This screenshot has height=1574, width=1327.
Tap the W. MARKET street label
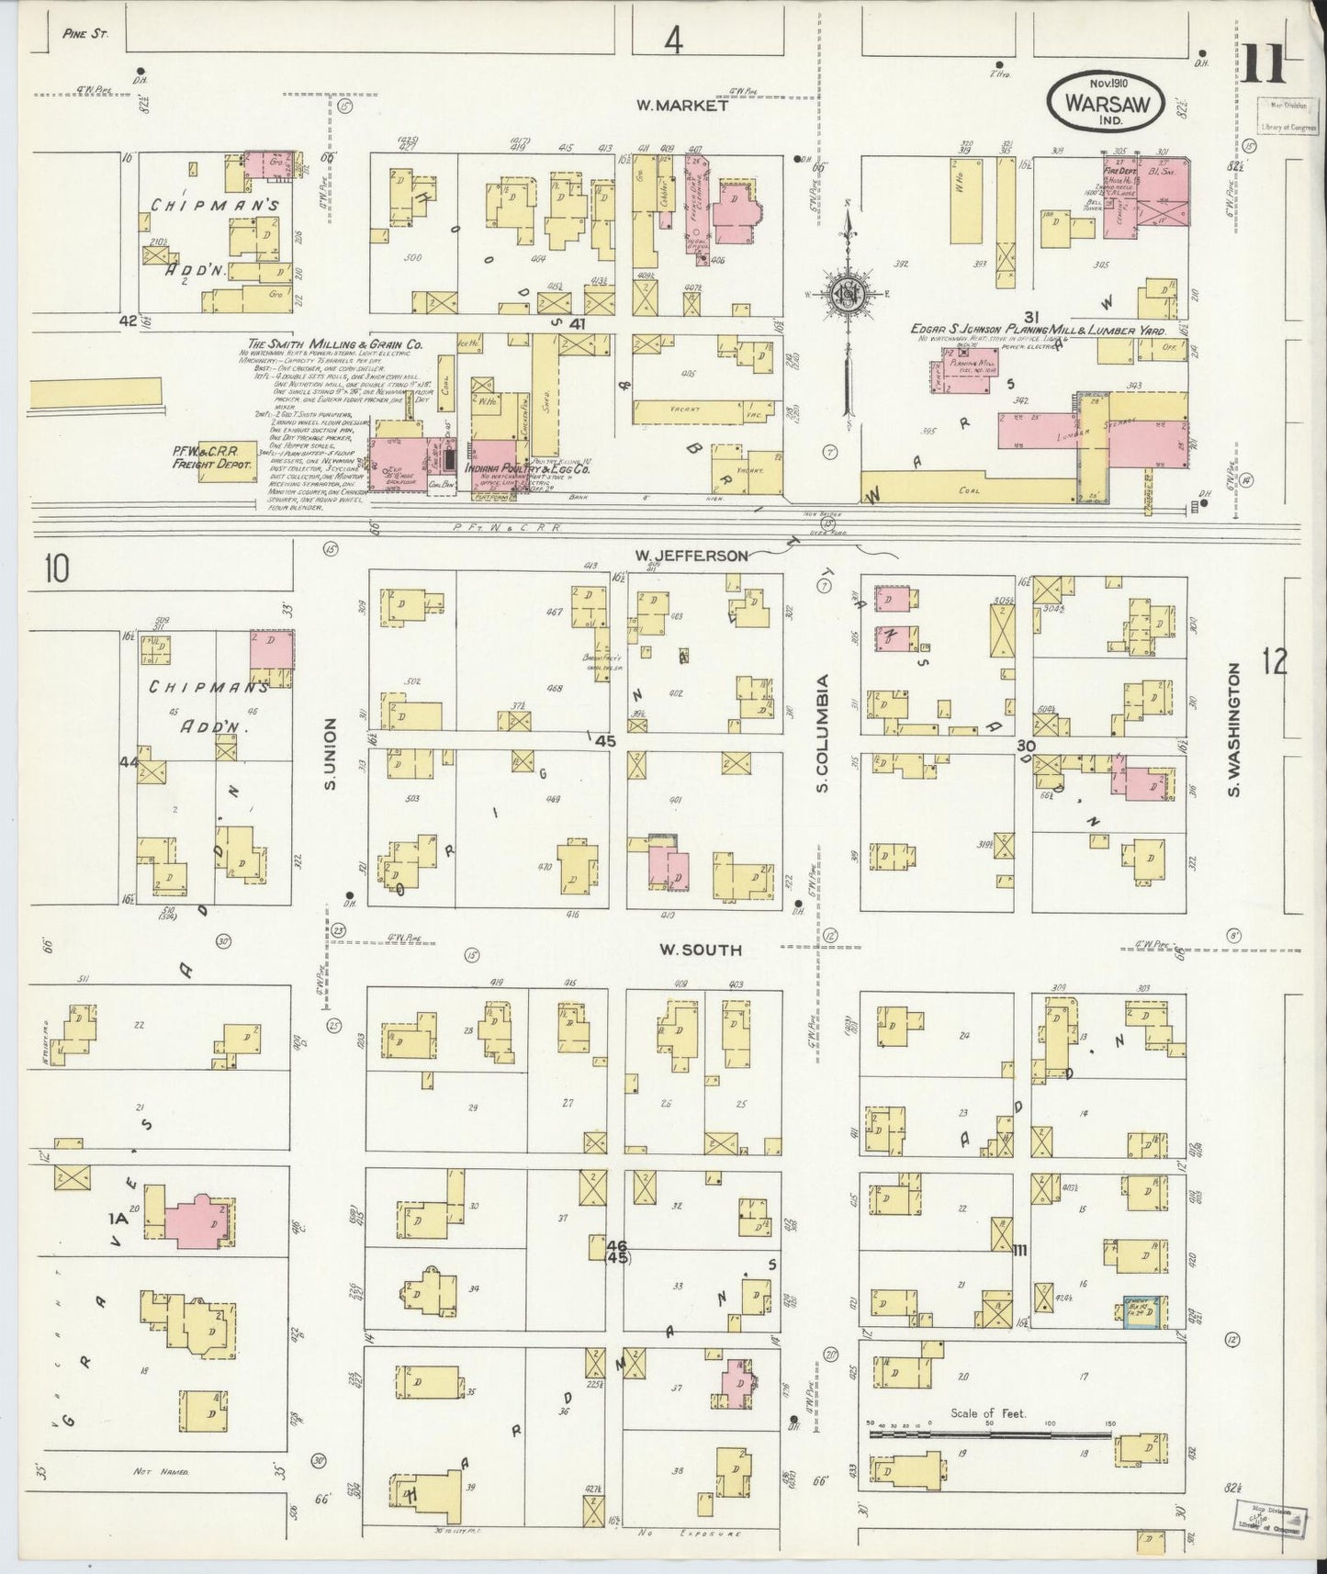[681, 106]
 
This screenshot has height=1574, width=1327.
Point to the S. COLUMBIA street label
[824, 734]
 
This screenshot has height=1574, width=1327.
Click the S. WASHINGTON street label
[1236, 730]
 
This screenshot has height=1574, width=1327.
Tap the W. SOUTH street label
[700, 950]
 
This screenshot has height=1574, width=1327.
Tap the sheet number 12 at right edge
[1275, 661]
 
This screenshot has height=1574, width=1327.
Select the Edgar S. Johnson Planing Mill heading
[1038, 329]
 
